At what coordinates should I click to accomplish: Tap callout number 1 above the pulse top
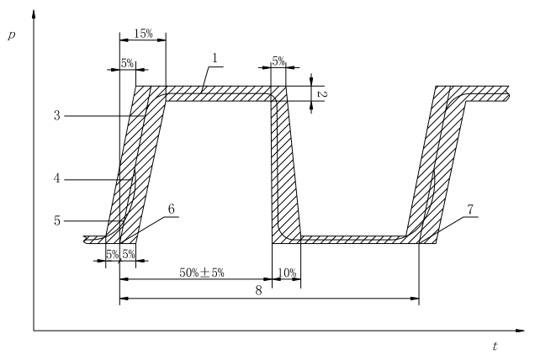(x=215, y=58)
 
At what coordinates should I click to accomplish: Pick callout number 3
(x=56, y=115)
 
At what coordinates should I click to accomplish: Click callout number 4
(x=56, y=178)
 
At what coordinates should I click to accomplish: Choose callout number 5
(x=56, y=220)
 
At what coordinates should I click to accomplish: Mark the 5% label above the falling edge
(x=278, y=61)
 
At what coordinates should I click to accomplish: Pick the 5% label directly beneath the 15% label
(x=127, y=62)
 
